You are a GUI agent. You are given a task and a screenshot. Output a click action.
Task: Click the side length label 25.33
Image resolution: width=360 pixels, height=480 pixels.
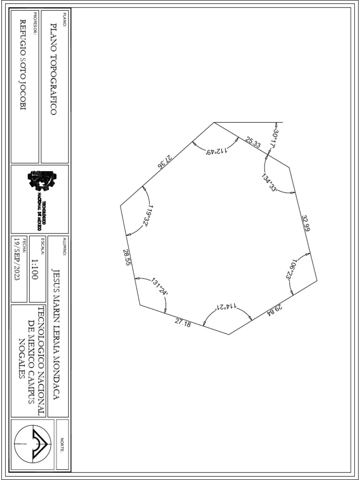pos(253,143)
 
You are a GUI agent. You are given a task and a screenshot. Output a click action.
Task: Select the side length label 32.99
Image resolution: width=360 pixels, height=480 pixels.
pos(306,223)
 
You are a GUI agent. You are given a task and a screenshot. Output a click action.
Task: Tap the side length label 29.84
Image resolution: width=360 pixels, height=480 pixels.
pos(275,309)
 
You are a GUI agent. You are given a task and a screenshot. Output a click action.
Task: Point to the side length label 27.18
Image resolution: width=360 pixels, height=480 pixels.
pos(183,322)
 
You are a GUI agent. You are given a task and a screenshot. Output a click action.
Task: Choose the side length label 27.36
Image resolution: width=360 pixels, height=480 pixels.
pos(165,162)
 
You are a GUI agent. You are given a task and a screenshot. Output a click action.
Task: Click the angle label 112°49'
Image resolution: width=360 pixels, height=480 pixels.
pos(217,151)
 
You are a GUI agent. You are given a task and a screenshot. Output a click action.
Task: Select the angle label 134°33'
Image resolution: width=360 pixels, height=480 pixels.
pos(270,182)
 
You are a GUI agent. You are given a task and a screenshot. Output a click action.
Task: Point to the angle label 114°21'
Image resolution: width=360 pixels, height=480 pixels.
pos(226,307)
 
